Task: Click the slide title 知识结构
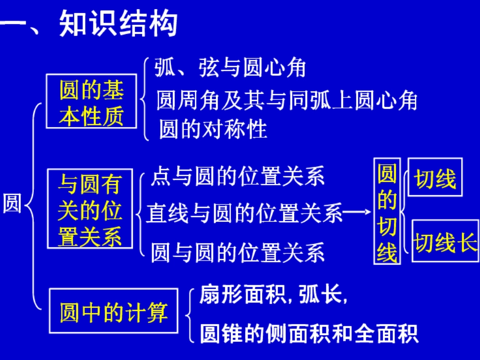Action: (x=118, y=24)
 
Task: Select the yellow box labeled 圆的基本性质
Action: (x=91, y=102)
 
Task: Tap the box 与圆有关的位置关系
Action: (x=90, y=209)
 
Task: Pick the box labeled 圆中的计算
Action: (x=113, y=311)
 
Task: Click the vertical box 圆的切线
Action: (x=387, y=211)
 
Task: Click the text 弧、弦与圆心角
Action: (x=230, y=68)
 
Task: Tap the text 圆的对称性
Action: (x=213, y=129)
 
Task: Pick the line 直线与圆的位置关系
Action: (x=245, y=214)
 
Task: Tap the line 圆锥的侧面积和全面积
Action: (x=309, y=333)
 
